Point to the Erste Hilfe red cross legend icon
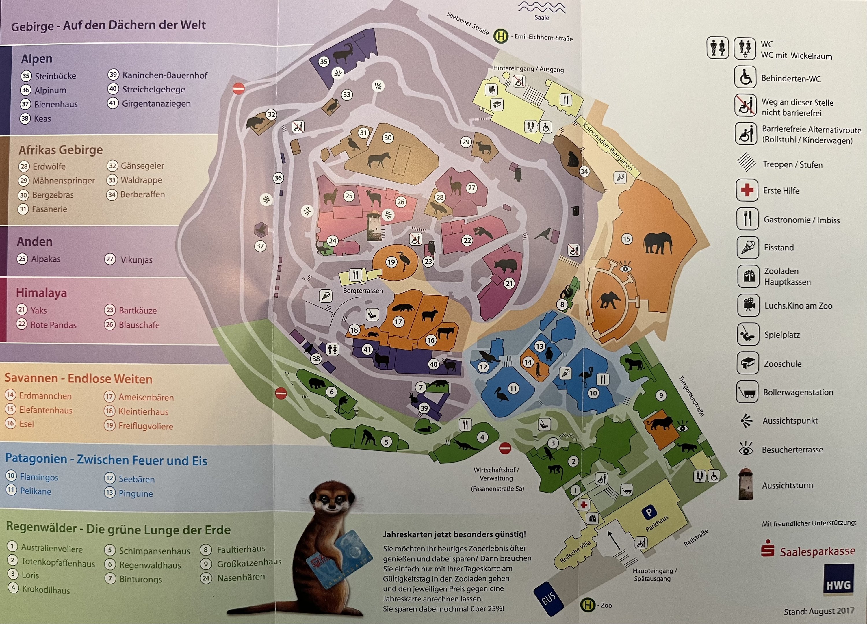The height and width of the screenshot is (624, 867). tap(747, 190)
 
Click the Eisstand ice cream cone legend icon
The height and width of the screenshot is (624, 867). tap(747, 247)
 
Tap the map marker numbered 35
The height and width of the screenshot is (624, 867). tap(324, 62)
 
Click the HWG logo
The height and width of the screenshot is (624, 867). tap(838, 584)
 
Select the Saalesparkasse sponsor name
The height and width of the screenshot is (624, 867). tap(817, 551)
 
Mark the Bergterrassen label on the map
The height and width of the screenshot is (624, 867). tap(363, 291)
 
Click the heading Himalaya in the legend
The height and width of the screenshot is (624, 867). tap(41, 293)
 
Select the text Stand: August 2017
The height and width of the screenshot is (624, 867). tap(819, 611)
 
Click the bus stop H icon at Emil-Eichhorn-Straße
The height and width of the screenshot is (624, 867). tap(501, 37)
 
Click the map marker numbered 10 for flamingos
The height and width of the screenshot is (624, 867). tap(593, 393)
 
